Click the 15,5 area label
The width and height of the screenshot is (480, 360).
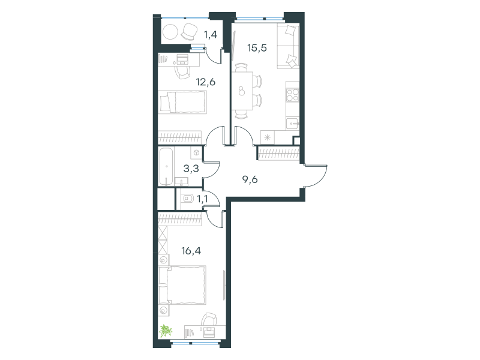(257, 48)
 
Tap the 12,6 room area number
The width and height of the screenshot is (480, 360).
(206, 82)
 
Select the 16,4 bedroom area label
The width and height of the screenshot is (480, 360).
(191, 251)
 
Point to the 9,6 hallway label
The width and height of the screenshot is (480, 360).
(250, 179)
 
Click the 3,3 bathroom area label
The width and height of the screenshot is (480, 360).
(191, 169)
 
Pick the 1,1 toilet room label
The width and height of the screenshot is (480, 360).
(202, 199)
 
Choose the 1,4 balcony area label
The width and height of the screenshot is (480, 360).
(211, 35)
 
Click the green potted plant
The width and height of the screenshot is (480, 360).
(166, 331)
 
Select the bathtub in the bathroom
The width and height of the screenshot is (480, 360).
(166, 167)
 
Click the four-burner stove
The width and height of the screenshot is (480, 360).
(293, 95)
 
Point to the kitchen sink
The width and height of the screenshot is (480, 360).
(293, 124)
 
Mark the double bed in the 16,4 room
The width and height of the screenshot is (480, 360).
(182, 286)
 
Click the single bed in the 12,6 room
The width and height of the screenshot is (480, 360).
(183, 102)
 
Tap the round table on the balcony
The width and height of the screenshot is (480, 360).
(170, 31)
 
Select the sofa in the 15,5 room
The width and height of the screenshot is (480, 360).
(288, 47)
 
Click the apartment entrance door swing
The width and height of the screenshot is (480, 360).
(316, 176)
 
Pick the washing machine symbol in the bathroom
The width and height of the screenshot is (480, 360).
(196, 153)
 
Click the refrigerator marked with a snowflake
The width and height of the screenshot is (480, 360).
(268, 137)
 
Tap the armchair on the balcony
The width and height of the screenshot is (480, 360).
(190, 31)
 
